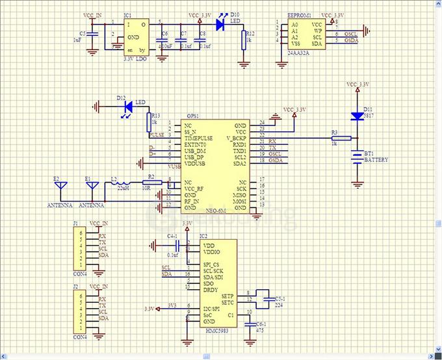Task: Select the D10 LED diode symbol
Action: point(220,25)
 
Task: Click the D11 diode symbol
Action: point(357,116)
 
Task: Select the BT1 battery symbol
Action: point(357,157)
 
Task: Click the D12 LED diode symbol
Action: point(127,105)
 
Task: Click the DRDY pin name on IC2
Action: point(211,290)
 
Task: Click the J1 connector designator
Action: point(75,224)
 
